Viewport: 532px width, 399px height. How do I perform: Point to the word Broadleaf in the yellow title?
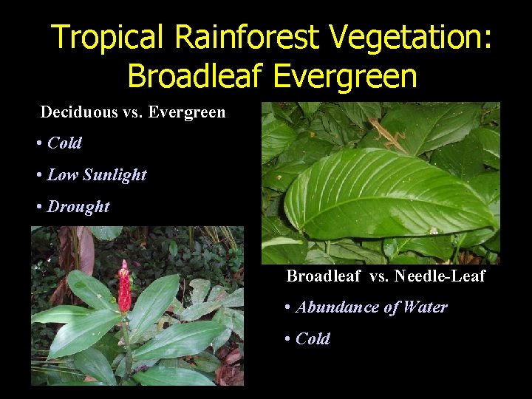click(192, 75)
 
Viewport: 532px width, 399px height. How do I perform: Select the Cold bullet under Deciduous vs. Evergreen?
click(64, 143)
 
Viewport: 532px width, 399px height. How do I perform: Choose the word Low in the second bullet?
click(62, 175)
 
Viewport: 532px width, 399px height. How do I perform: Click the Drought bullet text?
click(78, 207)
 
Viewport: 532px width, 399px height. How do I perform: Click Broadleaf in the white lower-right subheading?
click(324, 276)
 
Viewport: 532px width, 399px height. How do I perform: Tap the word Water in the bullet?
click(424, 307)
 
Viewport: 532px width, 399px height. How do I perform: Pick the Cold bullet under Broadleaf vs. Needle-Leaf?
click(313, 339)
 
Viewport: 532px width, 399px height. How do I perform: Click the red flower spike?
click(124, 288)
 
